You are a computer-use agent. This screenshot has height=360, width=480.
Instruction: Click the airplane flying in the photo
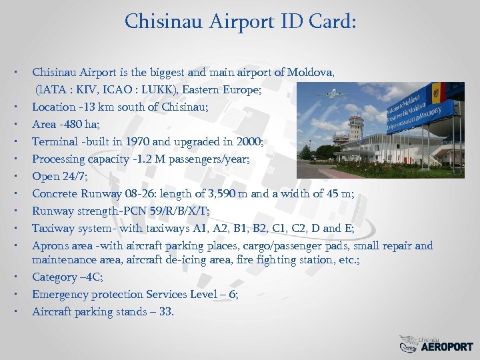coord(331,94)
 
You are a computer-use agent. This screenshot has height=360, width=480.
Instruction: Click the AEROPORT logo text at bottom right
coord(447,347)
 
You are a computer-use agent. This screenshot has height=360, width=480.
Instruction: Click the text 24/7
coord(74,176)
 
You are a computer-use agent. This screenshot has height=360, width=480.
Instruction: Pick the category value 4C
coord(93,277)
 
